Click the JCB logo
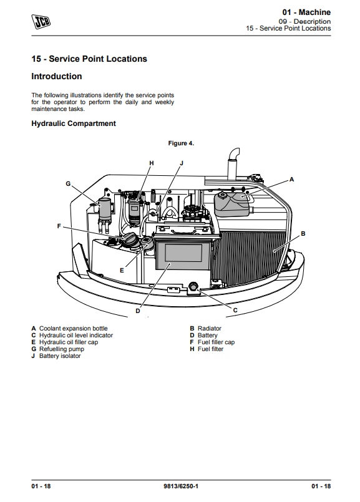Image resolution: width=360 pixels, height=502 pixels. [41, 21]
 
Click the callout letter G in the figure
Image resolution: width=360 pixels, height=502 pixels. [68, 184]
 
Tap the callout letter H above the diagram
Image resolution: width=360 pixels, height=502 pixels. [152, 163]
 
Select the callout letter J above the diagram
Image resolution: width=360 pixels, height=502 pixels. [182, 163]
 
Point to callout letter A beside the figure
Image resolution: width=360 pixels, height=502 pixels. [291, 180]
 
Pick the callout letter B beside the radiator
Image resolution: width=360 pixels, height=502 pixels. [303, 234]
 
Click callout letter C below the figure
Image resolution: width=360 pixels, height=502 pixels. [235, 310]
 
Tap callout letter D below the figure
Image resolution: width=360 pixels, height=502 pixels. [138, 311]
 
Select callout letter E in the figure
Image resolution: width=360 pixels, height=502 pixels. [122, 271]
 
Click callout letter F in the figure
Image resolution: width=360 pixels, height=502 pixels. [59, 226]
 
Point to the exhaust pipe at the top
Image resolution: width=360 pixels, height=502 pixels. [233, 163]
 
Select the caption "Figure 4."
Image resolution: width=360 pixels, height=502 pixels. [181, 143]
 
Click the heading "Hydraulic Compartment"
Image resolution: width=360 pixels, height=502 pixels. [74, 123]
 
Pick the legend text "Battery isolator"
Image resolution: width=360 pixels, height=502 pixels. [60, 356]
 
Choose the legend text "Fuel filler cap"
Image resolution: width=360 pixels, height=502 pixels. [216, 342]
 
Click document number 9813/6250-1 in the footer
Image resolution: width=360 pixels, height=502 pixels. [181, 486]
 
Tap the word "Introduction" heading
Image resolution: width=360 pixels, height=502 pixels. [57, 77]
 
